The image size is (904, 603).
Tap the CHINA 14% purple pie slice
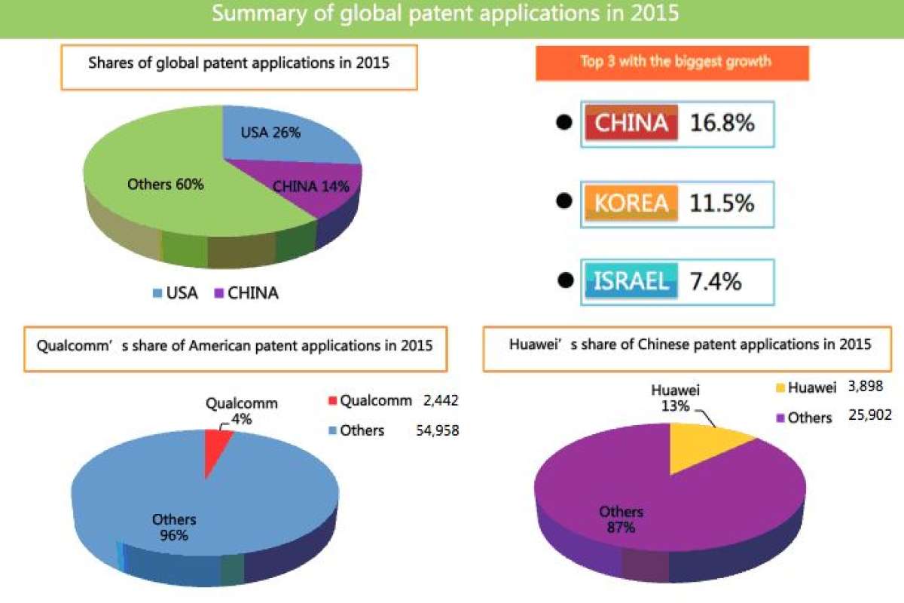coord(331,197)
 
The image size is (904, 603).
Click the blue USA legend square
coord(157,293)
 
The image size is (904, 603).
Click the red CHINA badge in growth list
coord(631,123)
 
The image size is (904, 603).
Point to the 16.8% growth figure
coord(722,123)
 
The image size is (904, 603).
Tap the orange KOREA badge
coord(631,203)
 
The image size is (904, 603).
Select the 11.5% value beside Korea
coord(722,203)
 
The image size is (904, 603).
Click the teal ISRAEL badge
coord(631,281)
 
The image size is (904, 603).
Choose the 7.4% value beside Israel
coord(715,281)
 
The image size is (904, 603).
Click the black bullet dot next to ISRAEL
coord(563,280)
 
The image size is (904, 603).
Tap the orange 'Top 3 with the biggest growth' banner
coord(672,63)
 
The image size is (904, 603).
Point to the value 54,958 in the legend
coord(438,430)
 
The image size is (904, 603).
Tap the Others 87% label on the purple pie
coord(621,520)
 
